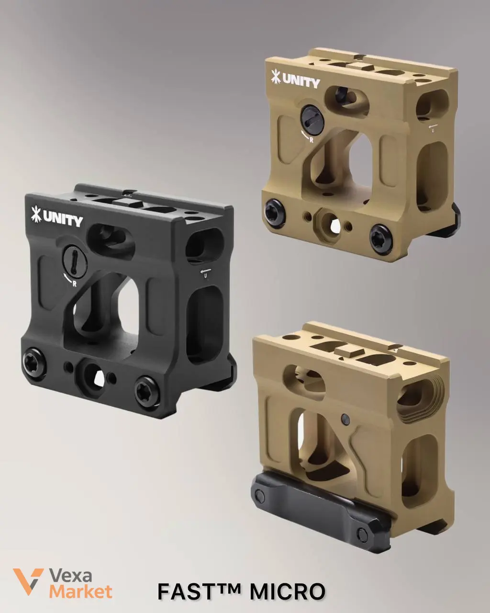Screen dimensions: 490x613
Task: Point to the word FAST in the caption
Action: [x=185, y=591]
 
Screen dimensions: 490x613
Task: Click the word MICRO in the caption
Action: [x=288, y=591]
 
